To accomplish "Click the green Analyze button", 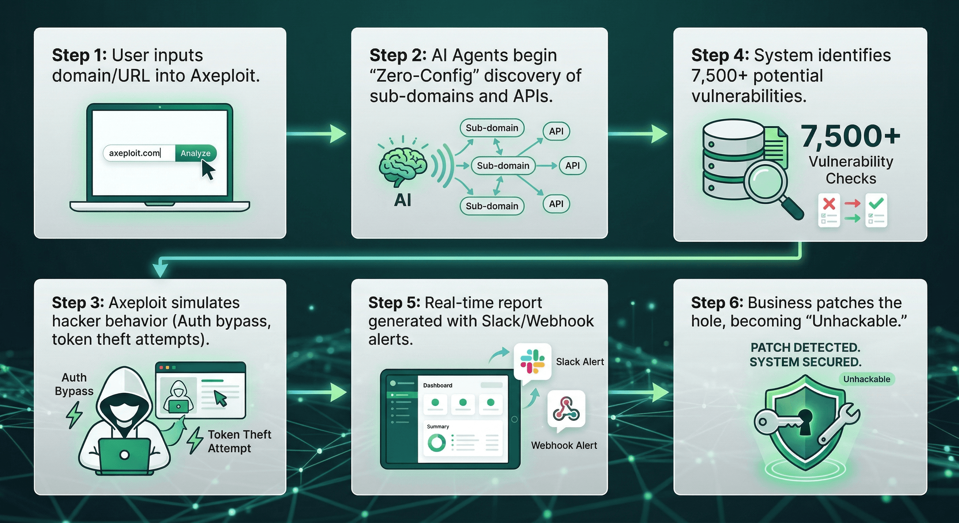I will click(x=195, y=153).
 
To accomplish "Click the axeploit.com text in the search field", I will click(x=134, y=153).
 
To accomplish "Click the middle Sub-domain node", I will click(x=503, y=165).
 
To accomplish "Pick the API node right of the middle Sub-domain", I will click(x=572, y=165).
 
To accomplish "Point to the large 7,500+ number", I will click(x=851, y=136).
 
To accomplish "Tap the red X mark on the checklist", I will click(x=829, y=204).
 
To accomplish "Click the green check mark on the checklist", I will click(x=876, y=203).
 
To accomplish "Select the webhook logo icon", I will click(x=566, y=409).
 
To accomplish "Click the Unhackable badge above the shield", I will click(x=867, y=379).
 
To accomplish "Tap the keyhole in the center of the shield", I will click(x=805, y=421).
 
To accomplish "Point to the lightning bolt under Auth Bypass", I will click(x=74, y=415).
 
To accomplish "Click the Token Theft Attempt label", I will click(x=239, y=441).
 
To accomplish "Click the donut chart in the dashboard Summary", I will click(x=436, y=443).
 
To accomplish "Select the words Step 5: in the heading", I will click(x=394, y=303).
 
